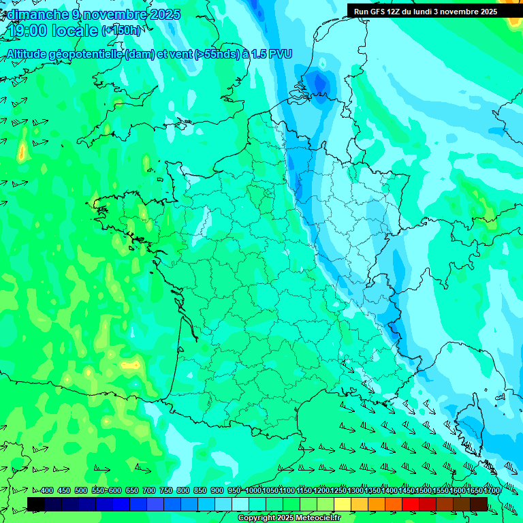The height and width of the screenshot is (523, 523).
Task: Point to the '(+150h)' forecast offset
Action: click(121, 31)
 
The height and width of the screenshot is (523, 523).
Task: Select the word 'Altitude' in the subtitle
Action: click(31, 54)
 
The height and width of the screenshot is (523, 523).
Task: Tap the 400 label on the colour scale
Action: click(47, 490)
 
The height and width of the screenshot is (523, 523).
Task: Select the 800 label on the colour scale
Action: click(183, 490)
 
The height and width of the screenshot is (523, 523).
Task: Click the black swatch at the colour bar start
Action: click(36, 504)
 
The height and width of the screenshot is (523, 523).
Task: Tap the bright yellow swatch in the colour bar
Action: click(343, 504)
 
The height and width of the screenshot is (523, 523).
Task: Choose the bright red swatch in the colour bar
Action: click(411, 504)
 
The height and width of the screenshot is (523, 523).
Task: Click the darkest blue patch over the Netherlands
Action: click(317, 84)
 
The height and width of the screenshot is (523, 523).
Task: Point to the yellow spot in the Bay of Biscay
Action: click(128, 365)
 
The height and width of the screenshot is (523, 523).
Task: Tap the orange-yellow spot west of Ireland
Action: click(22, 151)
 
